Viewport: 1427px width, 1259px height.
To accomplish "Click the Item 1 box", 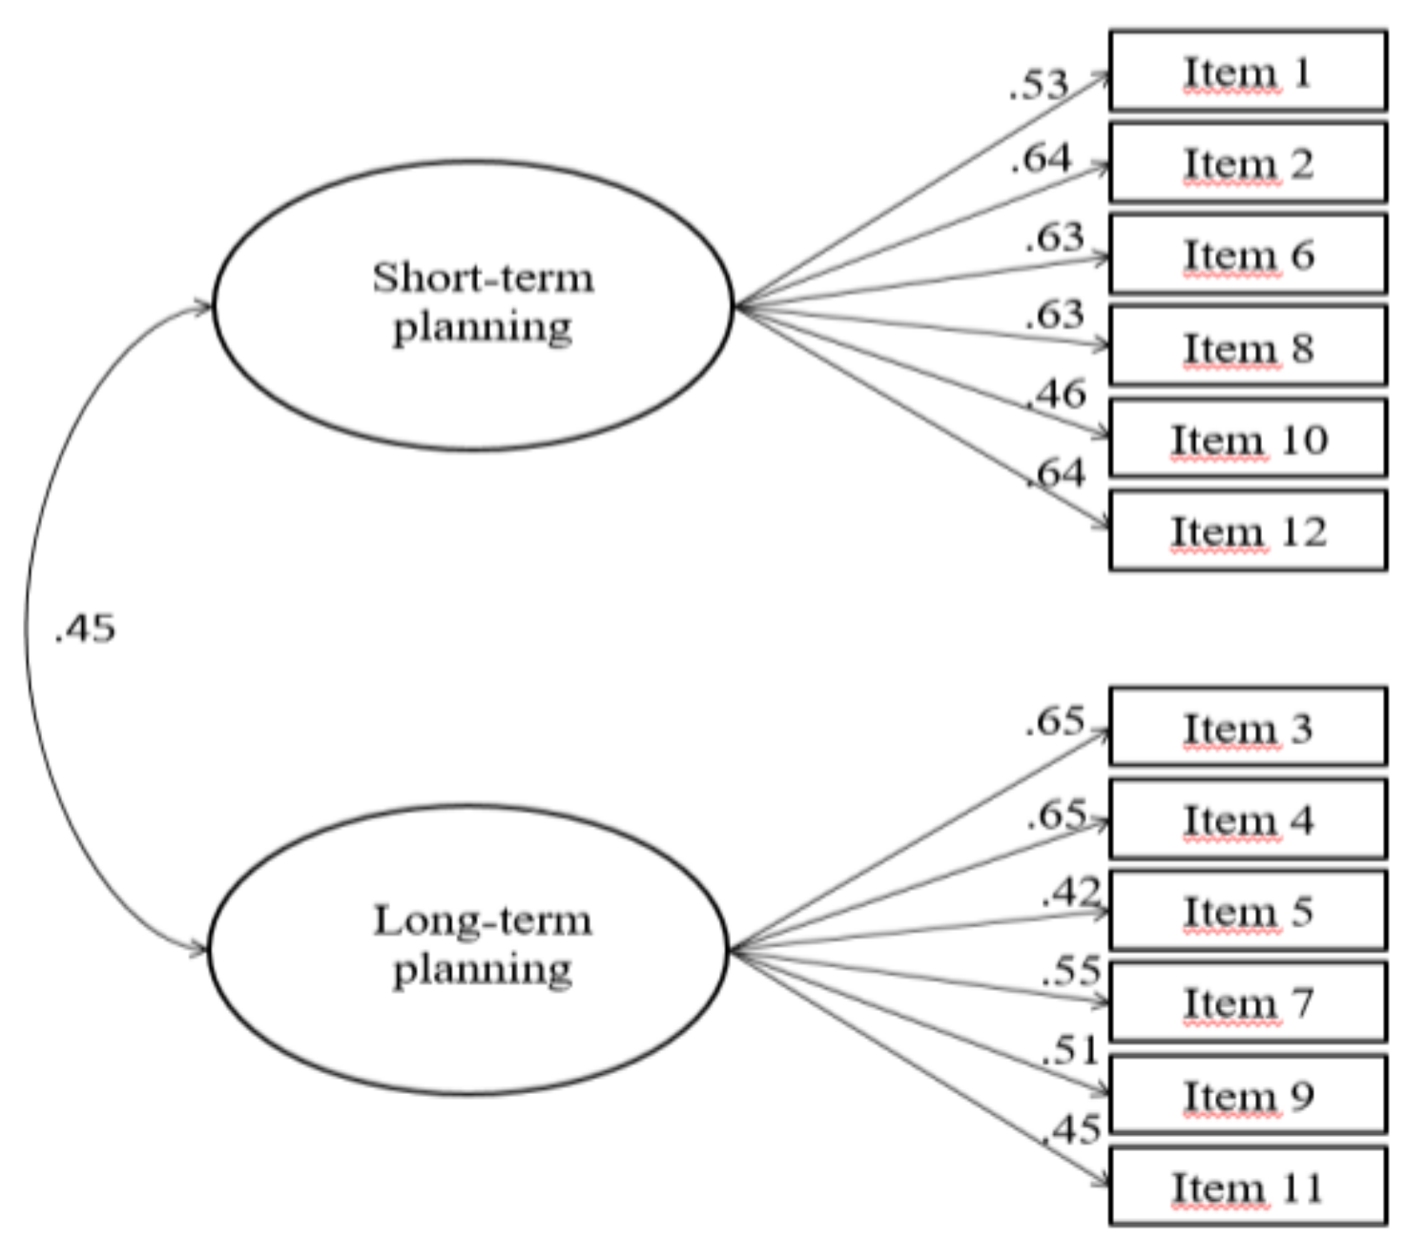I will point(1247,72).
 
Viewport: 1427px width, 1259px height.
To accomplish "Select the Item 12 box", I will point(1247,530).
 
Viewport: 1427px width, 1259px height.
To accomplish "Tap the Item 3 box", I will point(1247,727).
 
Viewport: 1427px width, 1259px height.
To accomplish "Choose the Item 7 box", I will point(1247,1001).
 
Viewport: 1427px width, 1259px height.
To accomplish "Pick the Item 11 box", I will point(1247,1187).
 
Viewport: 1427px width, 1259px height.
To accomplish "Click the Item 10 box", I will point(1247,439).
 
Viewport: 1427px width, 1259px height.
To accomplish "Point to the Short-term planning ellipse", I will point(472,305).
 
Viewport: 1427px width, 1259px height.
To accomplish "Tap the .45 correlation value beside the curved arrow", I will point(85,629).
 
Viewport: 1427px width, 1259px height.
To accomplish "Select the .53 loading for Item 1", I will point(1039,85).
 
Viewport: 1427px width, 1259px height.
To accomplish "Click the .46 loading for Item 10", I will point(1056,394).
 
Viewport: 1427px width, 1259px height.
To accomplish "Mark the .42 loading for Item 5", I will point(1071,892).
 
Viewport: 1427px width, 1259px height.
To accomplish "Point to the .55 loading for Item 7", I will point(1071,971).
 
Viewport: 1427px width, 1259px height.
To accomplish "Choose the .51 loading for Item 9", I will point(1071,1050).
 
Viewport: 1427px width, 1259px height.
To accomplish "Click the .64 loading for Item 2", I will point(1042,158).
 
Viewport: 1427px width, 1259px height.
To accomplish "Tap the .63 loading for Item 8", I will point(1055,314).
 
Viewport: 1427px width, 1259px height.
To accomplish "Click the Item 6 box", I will point(1247,255).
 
